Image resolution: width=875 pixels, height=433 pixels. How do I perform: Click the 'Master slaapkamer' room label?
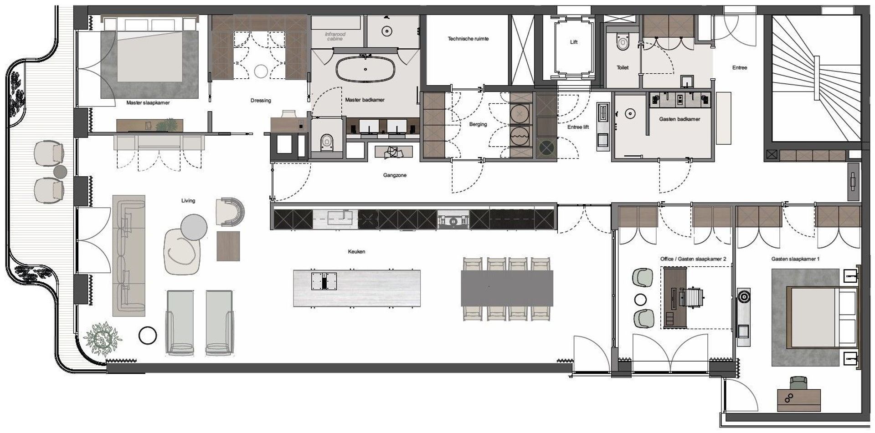pos(148,103)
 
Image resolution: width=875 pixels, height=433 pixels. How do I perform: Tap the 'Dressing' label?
pos(261,101)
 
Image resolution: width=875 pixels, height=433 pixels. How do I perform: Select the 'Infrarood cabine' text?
pos(335,36)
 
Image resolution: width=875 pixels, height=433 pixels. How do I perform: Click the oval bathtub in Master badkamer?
pos(365,70)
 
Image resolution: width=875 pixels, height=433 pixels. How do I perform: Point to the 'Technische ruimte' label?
pos(468,39)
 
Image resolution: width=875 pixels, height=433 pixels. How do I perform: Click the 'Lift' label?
pos(574,42)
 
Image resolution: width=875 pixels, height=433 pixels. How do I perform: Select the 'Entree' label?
pos(740,67)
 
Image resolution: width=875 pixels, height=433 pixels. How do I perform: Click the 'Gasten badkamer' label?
pos(679,119)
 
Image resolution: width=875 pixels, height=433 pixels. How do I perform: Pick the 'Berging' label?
pos(478,124)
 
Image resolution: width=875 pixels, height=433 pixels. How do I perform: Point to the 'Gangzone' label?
pos(395,175)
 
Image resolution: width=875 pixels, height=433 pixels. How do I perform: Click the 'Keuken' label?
pos(356,251)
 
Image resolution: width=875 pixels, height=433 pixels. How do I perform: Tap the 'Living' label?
pos(188,200)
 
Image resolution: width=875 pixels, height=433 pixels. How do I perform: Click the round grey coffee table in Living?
pos(194,227)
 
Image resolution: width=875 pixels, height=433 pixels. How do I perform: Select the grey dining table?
pos(507,288)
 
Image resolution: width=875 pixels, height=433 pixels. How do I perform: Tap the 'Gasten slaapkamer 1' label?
pos(795,259)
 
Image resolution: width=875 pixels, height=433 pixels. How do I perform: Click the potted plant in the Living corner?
pos(105,338)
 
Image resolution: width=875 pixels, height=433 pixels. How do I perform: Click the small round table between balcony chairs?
pos(60,172)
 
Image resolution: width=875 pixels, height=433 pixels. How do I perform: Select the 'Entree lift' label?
pos(578,127)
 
